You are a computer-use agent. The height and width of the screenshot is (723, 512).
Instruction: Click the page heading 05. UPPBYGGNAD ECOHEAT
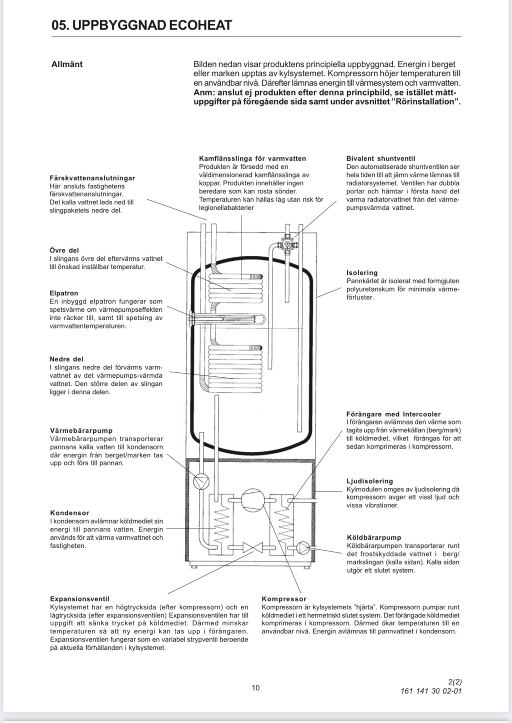click(x=142, y=25)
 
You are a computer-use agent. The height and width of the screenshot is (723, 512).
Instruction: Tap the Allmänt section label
click(x=67, y=64)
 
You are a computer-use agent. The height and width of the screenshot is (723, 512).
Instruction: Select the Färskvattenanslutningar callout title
click(x=92, y=178)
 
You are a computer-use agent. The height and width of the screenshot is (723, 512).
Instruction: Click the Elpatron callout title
click(x=64, y=293)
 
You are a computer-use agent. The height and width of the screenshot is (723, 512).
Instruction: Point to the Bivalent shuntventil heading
click(x=380, y=158)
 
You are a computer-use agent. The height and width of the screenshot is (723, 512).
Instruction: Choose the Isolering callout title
click(x=362, y=273)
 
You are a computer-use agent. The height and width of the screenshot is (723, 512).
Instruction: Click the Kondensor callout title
click(x=69, y=513)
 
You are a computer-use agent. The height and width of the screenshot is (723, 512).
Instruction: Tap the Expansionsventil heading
click(x=80, y=599)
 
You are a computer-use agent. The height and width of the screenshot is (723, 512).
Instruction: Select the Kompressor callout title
click(x=284, y=599)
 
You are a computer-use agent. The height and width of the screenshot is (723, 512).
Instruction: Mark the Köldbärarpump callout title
click(x=374, y=537)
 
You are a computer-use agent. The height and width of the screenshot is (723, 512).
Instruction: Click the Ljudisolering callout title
click(x=370, y=481)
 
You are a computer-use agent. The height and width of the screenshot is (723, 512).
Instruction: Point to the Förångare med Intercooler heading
click(x=393, y=414)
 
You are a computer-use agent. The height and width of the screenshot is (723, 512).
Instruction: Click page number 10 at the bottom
click(x=256, y=688)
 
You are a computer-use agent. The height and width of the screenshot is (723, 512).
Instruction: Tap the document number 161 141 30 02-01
click(x=431, y=691)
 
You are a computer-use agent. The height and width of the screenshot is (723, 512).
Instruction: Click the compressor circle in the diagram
click(x=252, y=501)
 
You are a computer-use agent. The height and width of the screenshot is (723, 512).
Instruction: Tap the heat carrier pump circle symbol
click(x=200, y=481)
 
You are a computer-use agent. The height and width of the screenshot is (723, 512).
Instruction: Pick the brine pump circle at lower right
click(x=303, y=548)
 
